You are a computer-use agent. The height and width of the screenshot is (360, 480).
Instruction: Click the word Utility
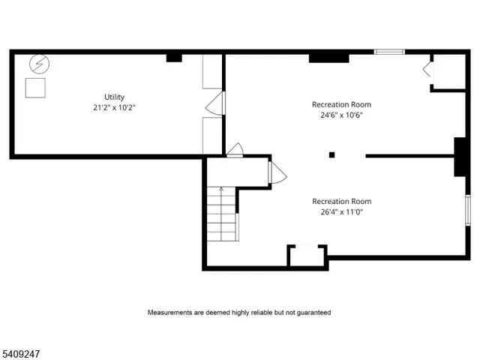[x=114, y=97]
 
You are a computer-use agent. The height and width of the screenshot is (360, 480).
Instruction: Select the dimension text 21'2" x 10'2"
[x=114, y=107]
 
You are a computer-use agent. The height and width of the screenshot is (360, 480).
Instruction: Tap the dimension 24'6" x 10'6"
[x=341, y=115]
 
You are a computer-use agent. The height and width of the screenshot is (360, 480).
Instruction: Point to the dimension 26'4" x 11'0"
[x=341, y=211]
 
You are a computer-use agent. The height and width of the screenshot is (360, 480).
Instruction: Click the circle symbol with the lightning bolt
[x=37, y=65]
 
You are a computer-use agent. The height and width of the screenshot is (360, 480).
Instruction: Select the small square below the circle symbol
[x=35, y=88]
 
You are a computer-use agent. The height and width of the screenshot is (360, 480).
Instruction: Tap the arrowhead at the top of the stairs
[x=220, y=190]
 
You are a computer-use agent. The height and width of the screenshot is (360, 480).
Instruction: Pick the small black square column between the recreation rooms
[x=331, y=155]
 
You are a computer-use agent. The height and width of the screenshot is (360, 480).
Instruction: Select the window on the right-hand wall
[x=467, y=211]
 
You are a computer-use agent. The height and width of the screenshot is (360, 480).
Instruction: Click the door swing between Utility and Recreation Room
[x=214, y=103]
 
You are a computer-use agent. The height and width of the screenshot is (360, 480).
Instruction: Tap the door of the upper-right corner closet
[x=427, y=69]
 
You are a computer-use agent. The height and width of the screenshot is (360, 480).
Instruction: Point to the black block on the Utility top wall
[x=174, y=57]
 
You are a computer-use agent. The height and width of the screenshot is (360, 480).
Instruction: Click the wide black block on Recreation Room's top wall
[x=328, y=57]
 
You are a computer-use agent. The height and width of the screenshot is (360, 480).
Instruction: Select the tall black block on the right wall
[x=460, y=157]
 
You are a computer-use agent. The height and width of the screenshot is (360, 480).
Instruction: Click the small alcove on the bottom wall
[x=307, y=256]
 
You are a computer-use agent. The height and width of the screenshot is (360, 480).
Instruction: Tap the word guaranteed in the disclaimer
[x=311, y=312]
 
